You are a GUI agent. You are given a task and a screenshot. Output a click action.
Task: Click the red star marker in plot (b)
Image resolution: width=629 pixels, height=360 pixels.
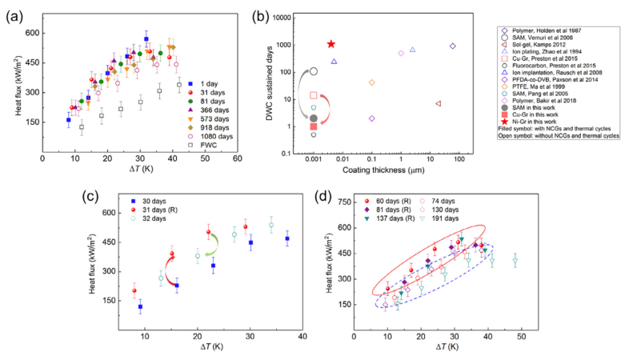[x=331, y=45]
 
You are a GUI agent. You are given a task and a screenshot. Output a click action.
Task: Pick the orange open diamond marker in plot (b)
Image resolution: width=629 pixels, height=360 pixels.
[x=371, y=82]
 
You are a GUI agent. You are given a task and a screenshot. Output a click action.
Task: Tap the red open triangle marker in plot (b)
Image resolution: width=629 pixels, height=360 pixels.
[x=438, y=103]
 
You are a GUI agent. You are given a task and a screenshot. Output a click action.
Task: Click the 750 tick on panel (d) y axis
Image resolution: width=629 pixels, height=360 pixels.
[x=343, y=202]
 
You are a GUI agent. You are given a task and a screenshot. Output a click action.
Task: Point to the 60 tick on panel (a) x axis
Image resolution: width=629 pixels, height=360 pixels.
[x=238, y=158]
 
